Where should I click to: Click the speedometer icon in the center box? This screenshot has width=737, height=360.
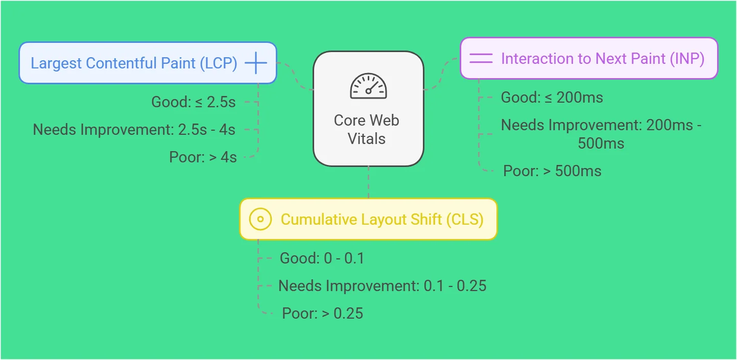(x=368, y=86)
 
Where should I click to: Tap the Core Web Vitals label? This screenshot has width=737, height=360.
(x=367, y=129)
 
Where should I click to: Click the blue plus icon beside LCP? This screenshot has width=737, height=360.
(x=256, y=62)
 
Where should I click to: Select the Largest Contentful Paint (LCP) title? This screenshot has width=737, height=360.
(x=134, y=63)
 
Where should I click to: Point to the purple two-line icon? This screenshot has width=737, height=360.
(x=481, y=58)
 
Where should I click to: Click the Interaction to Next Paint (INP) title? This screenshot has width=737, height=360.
(x=603, y=59)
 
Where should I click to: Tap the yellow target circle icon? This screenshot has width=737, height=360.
(x=260, y=219)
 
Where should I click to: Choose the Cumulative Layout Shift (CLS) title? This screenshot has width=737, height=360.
(x=382, y=220)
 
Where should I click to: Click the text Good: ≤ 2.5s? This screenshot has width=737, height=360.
(x=194, y=102)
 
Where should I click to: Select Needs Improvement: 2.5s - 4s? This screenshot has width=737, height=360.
(x=134, y=129)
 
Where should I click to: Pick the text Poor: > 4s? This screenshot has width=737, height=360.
(x=203, y=157)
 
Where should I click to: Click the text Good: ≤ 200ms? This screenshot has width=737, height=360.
(x=552, y=98)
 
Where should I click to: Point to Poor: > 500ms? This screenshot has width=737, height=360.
(x=553, y=171)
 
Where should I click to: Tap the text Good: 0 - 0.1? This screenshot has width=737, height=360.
(x=322, y=258)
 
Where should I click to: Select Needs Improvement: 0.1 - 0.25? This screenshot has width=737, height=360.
(x=383, y=285)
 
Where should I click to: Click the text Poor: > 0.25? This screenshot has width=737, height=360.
(x=322, y=313)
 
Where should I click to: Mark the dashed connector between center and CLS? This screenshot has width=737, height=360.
(x=369, y=182)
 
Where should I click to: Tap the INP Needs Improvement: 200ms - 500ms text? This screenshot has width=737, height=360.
(x=601, y=134)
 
